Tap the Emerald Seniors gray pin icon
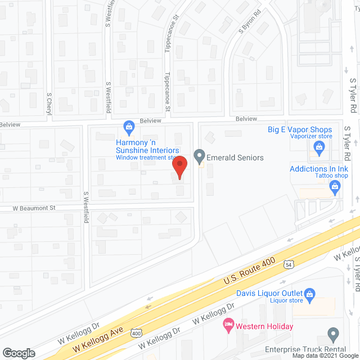[x=199, y=155]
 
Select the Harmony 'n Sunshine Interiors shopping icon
[x=129, y=127]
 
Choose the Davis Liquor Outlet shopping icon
[x=309, y=294]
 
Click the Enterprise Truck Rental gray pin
[x=333, y=334]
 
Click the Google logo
[x=18, y=353]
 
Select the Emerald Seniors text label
[x=235, y=157]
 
